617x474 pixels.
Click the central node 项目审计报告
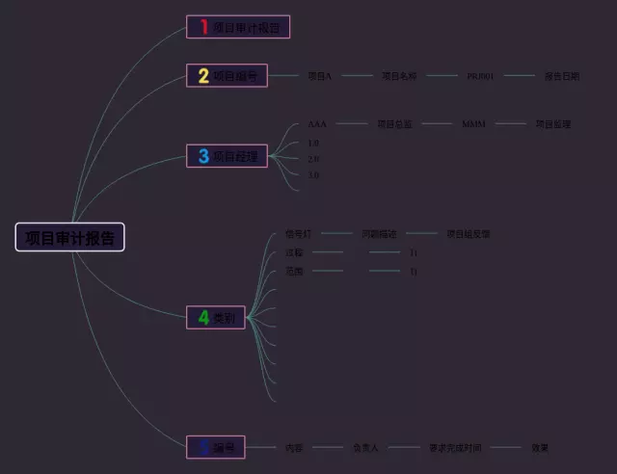point(69,237)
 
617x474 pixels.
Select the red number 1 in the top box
point(203,27)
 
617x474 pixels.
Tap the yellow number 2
point(203,76)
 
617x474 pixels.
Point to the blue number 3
point(203,155)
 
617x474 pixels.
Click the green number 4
point(203,317)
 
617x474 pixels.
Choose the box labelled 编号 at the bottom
point(216,447)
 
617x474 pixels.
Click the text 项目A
point(319,75)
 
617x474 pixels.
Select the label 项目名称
point(399,75)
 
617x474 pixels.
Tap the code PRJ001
point(480,75)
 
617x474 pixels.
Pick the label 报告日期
point(562,75)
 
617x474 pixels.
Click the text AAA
point(317,124)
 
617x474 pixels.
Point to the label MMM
point(473,124)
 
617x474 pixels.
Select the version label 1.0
point(313,143)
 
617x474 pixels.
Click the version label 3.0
point(313,175)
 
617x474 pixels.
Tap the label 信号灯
point(298,234)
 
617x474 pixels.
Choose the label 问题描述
point(379,234)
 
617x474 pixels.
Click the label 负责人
point(365,448)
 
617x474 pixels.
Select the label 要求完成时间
point(454,448)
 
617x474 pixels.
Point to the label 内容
point(294,448)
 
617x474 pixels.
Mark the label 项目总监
point(393,124)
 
